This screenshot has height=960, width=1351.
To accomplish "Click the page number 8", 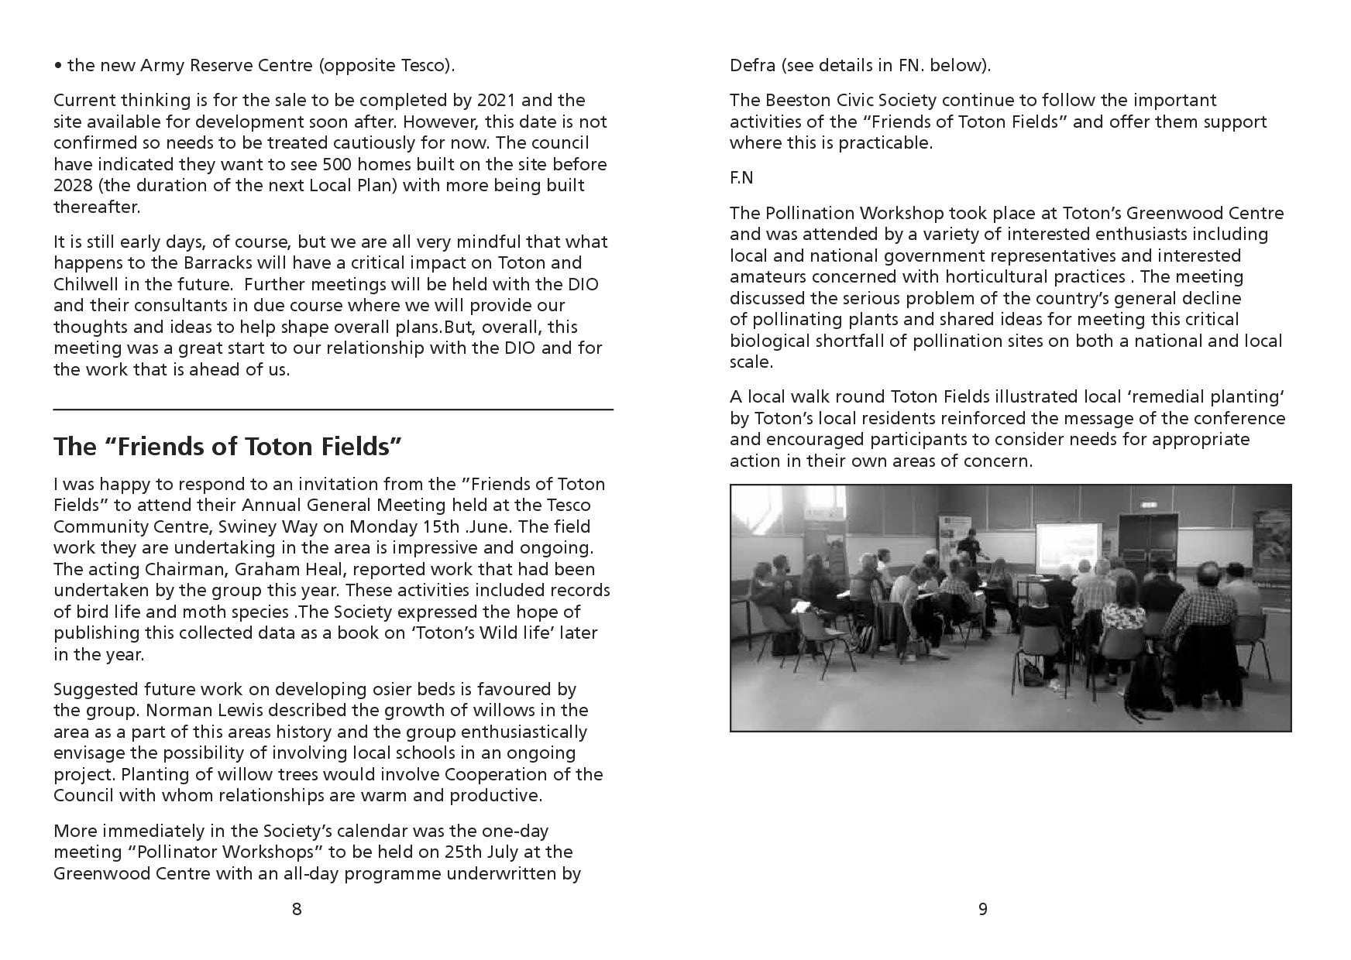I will click(297, 909).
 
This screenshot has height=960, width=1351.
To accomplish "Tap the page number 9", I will click(983, 909).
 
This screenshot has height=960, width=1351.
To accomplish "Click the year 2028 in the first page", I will click(74, 186).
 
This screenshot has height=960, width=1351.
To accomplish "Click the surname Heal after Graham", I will click(279, 569).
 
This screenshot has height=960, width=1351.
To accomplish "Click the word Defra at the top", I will click(752, 65).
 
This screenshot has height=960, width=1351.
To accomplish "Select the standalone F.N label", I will click(741, 178).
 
